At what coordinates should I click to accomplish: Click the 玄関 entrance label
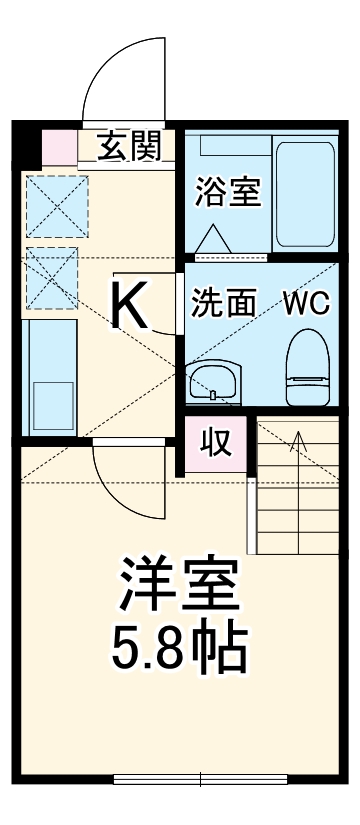(x=129, y=147)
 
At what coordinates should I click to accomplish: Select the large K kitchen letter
(x=130, y=305)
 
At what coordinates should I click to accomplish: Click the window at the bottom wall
(x=201, y=778)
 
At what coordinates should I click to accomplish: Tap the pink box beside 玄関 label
(x=60, y=148)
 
